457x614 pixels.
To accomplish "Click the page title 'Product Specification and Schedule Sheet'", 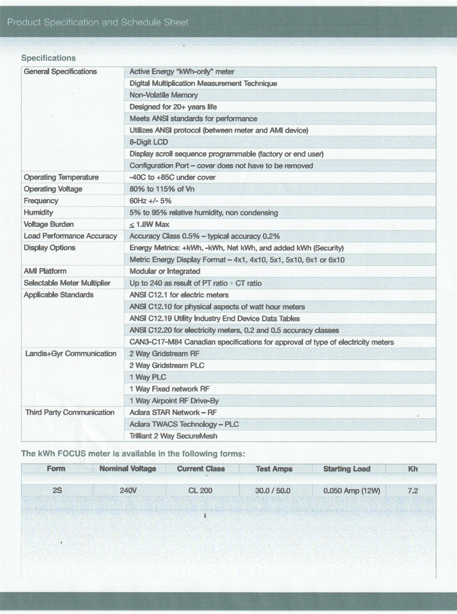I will click(x=98, y=22).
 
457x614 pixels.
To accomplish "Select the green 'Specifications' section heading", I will click(x=48, y=58).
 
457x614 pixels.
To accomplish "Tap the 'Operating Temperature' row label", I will click(x=61, y=177).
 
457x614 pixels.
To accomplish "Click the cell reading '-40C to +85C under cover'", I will click(x=172, y=177).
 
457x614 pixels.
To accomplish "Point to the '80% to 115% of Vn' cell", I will click(x=162, y=189).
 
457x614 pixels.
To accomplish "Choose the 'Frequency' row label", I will click(x=41, y=201).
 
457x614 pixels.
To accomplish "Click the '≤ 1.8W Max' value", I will click(x=149, y=224).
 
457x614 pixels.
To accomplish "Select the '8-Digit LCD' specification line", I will click(x=148, y=142).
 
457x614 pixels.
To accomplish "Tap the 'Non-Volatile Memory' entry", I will click(x=163, y=95).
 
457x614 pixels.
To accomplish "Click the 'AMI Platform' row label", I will click(x=45, y=271).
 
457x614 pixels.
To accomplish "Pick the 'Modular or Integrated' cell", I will click(x=165, y=271).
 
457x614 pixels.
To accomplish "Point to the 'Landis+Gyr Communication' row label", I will click(x=71, y=353).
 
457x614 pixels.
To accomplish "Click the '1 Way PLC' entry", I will click(x=148, y=377).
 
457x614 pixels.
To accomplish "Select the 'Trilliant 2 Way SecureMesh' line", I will click(x=173, y=436).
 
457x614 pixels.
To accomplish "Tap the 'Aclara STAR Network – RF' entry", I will click(x=173, y=413).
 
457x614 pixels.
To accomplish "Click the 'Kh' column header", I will click(x=413, y=469).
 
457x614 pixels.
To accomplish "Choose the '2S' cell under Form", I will click(x=57, y=490).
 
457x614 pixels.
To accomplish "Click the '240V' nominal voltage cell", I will click(x=128, y=490).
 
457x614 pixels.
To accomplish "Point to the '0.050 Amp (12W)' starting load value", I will click(x=351, y=490).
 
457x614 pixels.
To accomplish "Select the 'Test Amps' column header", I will click(x=274, y=469).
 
